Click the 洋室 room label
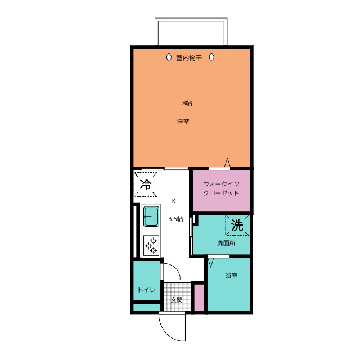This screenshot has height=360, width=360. [x=183, y=121]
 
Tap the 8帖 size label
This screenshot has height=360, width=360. [x=187, y=103]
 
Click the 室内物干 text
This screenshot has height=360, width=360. [x=189, y=57]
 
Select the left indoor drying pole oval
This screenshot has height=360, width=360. [x=169, y=57]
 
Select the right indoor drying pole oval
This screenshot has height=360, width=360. [x=211, y=57]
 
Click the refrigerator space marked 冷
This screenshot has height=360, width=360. [x=146, y=184]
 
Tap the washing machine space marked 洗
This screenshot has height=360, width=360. [x=237, y=225]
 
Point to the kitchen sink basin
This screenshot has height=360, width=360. [x=151, y=216]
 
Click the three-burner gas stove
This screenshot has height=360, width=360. [x=151, y=246]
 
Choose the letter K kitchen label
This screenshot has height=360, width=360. [x=174, y=201]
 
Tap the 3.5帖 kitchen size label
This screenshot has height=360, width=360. [x=175, y=219]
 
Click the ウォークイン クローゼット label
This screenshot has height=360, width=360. [x=221, y=188]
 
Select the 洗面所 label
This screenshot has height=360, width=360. [x=226, y=243]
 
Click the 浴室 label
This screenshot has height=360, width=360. [x=231, y=276]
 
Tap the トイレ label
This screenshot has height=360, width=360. [x=146, y=290]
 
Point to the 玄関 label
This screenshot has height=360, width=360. [x=177, y=300]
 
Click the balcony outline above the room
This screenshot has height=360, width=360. [x=191, y=20]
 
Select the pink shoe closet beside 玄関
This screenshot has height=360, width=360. [x=199, y=298]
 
